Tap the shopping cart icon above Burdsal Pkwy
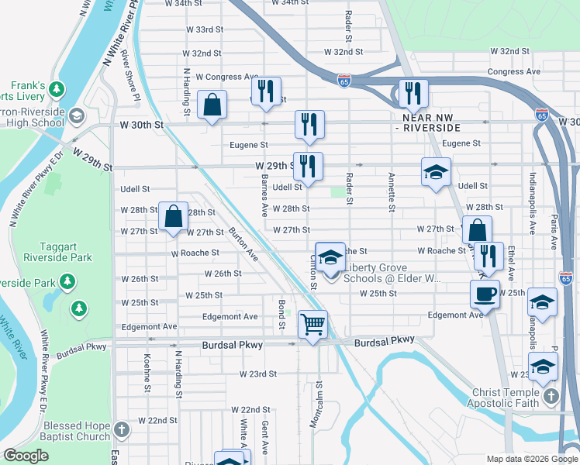312,324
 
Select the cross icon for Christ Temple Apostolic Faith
551,397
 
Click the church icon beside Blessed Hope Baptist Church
121,429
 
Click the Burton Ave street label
242,242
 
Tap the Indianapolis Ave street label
533,205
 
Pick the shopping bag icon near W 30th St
212,105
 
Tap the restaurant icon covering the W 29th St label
309,167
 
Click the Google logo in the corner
26,456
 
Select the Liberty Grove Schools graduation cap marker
330,258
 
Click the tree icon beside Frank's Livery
57,90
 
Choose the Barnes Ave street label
264,196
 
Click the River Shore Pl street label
130,76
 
